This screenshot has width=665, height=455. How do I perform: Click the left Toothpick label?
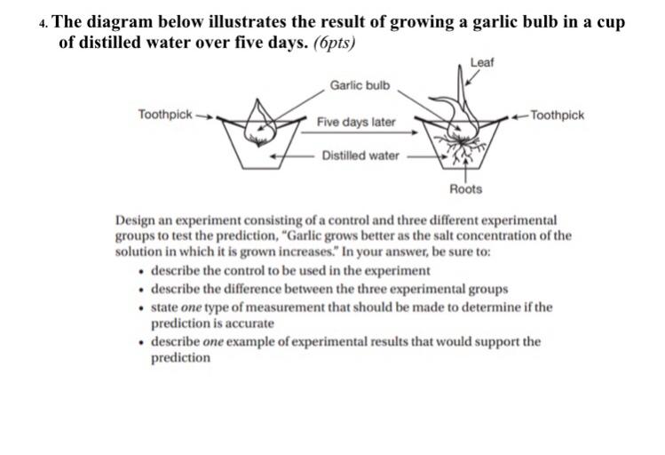(164, 114)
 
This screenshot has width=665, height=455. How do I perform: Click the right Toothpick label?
(558, 115)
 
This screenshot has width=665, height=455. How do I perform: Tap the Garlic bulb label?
(360, 85)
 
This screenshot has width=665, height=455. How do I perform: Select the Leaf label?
(482, 62)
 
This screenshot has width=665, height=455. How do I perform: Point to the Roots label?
(466, 188)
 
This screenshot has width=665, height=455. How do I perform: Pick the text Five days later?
(356, 121)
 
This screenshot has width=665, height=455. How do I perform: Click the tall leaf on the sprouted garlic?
(461, 93)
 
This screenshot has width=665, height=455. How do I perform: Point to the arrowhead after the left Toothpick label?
(210, 115)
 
